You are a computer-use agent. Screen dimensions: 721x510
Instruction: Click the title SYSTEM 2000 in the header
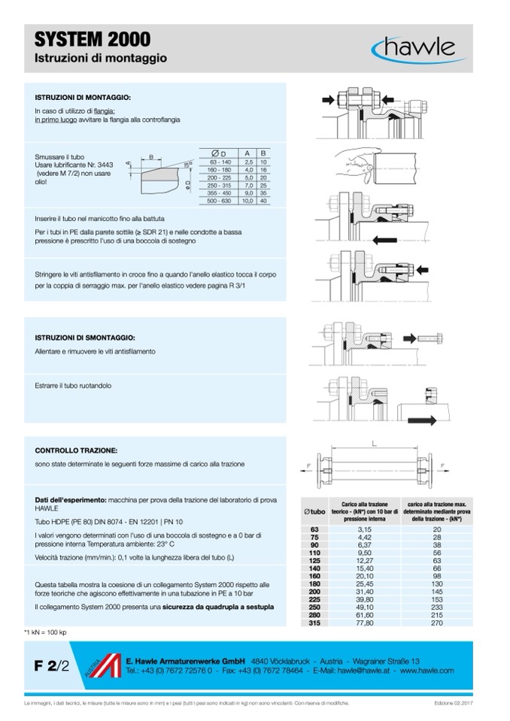coord(93,40)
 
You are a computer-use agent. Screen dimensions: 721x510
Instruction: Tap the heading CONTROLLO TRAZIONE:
coord(75,450)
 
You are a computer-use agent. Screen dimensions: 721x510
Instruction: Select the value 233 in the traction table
coord(436,607)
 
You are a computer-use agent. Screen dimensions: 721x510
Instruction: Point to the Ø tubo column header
coord(314,511)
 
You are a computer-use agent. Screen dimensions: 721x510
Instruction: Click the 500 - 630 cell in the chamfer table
coord(220,201)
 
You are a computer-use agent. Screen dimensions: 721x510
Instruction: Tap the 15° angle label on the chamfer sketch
coord(187,164)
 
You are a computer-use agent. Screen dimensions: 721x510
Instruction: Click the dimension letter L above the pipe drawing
coord(374,444)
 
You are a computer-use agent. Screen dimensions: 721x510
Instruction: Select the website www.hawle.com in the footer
coord(427,670)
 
